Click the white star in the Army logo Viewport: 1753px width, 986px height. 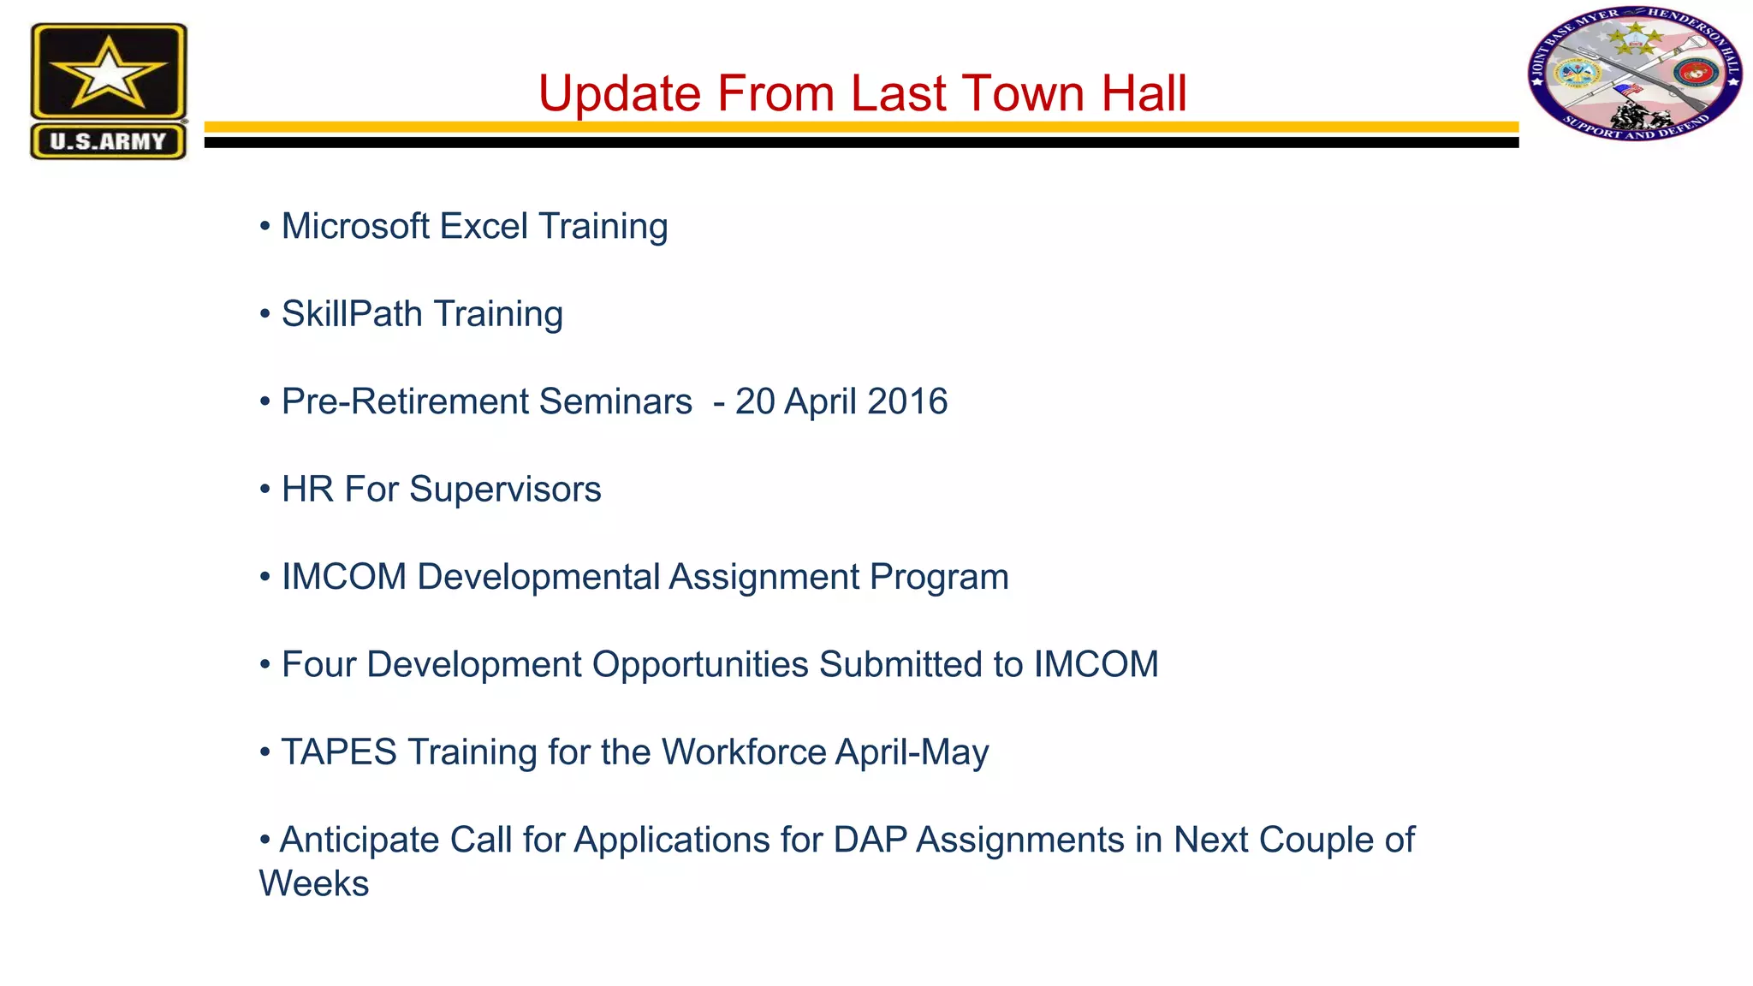point(108,74)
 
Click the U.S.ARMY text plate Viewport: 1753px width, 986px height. point(108,141)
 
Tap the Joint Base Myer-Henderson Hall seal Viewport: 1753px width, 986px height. point(1635,74)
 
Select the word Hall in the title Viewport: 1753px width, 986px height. point(1144,93)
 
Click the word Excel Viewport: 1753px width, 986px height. point(483,227)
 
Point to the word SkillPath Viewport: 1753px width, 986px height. point(351,314)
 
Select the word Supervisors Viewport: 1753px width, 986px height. point(505,490)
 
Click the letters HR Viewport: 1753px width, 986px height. point(307,490)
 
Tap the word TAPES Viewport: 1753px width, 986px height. point(339,752)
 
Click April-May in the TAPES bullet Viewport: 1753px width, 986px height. point(912,752)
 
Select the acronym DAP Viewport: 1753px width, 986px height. point(870,840)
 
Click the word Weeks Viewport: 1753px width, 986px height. point(314,883)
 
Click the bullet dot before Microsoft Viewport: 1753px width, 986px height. point(265,227)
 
